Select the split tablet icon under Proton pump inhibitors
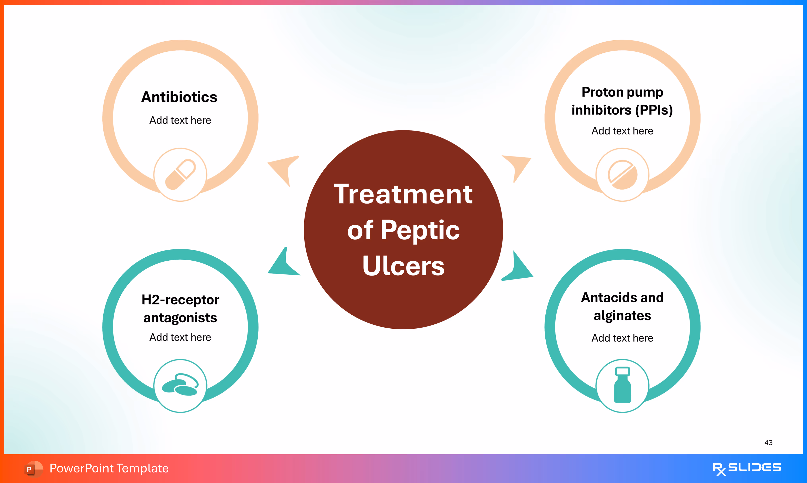(x=622, y=175)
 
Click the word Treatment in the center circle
(x=403, y=194)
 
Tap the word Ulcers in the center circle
(x=403, y=266)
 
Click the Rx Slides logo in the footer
(x=747, y=468)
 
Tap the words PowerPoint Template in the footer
(x=109, y=468)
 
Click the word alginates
(x=622, y=316)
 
